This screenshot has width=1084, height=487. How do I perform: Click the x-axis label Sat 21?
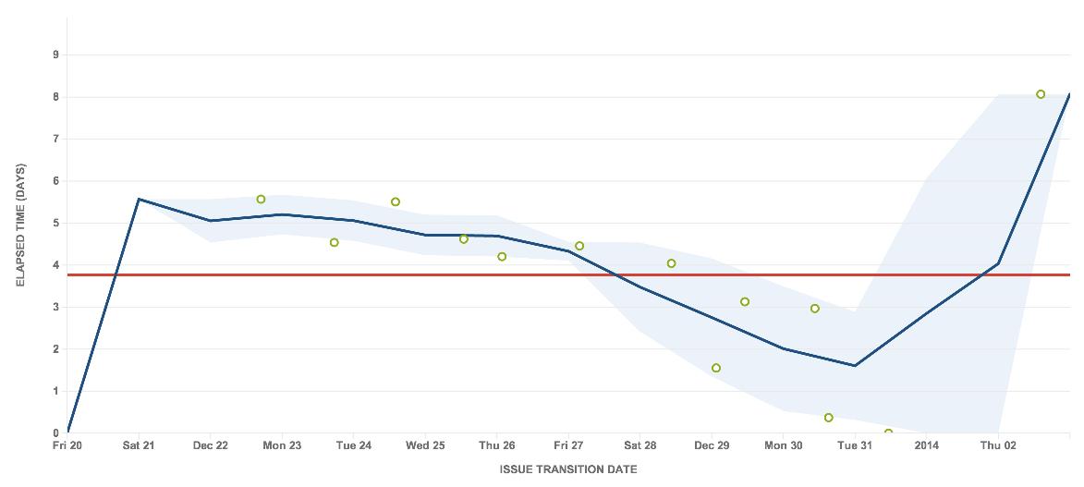point(139,445)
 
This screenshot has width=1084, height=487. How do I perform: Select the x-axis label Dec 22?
point(211,445)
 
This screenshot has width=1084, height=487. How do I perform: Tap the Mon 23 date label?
point(282,445)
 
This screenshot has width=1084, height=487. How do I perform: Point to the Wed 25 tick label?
point(425,445)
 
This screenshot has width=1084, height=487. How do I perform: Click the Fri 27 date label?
point(568,445)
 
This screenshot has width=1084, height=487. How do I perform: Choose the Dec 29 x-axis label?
point(712,445)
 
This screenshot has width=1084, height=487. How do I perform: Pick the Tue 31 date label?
point(855,445)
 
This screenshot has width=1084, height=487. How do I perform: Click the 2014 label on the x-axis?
point(926,445)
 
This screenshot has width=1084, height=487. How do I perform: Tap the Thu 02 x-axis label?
point(998,445)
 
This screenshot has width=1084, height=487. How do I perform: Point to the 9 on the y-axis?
point(55,55)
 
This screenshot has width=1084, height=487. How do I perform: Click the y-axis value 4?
point(55,265)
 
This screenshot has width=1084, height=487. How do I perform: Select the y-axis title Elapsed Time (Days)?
point(20,225)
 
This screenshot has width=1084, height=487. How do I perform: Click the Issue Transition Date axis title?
point(568,469)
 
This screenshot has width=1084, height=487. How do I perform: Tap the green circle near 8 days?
point(1041,94)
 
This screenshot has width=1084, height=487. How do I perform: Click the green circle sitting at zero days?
point(888,432)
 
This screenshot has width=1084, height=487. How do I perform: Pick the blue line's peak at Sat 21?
point(139,199)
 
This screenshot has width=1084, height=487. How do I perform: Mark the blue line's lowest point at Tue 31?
point(855,365)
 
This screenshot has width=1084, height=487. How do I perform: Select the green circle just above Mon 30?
point(814,309)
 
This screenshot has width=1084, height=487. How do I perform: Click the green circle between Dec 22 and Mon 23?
point(261,200)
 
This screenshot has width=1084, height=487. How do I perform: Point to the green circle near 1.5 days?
point(716,368)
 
